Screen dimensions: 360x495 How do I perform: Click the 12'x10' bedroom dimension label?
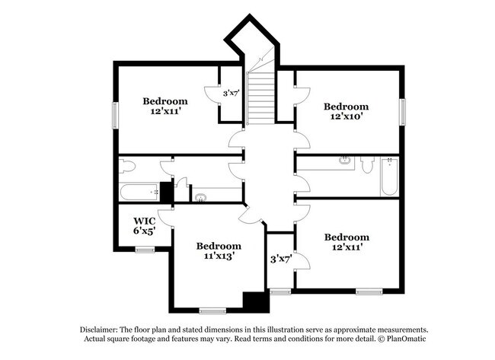(x=346, y=117)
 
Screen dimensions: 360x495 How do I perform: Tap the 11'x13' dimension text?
(x=219, y=256)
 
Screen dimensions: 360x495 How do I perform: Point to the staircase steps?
(x=261, y=96)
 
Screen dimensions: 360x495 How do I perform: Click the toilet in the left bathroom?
(x=127, y=165)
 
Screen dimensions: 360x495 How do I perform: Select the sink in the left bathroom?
(x=201, y=198)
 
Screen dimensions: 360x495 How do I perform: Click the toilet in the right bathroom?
(x=367, y=164)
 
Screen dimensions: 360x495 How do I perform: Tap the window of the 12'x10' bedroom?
(x=403, y=111)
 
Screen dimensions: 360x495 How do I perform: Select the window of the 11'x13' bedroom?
(x=213, y=310)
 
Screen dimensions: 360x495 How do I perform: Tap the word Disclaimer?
(x=103, y=328)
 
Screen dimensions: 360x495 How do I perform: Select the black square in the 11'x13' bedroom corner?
(x=256, y=301)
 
